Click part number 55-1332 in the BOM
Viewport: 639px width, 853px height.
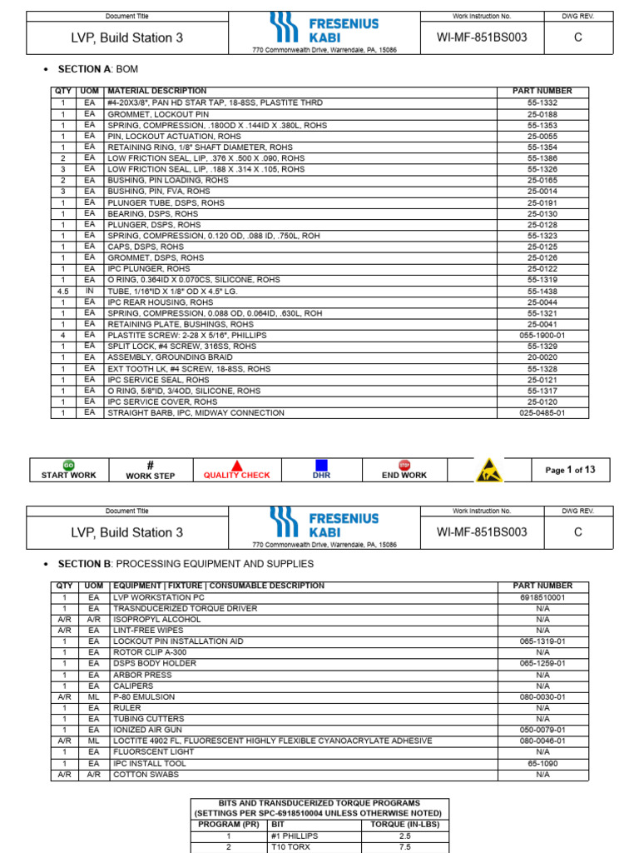tap(542, 102)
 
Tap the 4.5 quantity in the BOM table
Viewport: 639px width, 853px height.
tap(62, 291)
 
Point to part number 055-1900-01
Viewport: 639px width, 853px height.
tap(542, 335)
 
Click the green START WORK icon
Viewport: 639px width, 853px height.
tap(69, 465)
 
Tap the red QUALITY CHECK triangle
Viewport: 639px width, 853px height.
tap(237, 466)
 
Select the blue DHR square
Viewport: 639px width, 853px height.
tap(321, 465)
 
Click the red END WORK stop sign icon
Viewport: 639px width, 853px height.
tap(405, 465)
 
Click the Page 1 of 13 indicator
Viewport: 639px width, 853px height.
tap(570, 470)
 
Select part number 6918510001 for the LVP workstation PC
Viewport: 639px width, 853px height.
tap(542, 597)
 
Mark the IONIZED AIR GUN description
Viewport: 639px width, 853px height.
tap(149, 730)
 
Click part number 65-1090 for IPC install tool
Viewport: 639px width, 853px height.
tap(542, 762)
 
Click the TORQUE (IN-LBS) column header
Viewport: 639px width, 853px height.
tap(404, 825)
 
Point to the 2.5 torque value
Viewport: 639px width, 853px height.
tap(404, 836)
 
